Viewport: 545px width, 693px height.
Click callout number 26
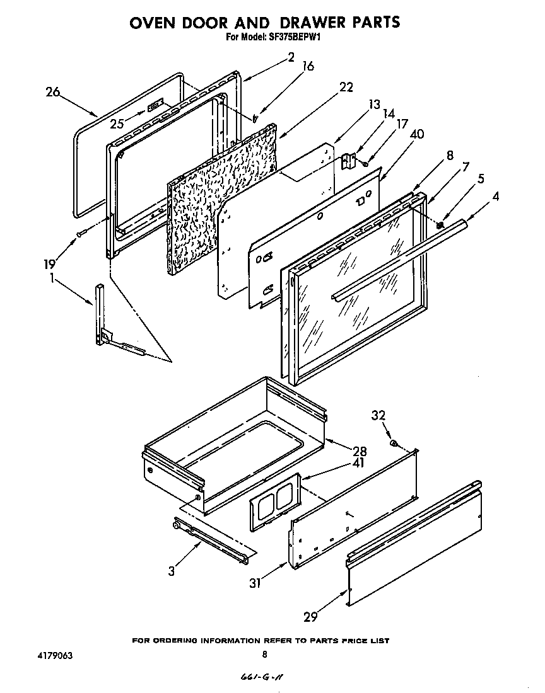[x=52, y=92]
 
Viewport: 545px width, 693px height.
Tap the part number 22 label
[x=346, y=88]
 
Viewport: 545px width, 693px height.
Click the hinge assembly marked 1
[x=101, y=315]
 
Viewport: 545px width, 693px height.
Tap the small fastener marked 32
[x=394, y=444]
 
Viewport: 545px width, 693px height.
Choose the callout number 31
[x=254, y=583]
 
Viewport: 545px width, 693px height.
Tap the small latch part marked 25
[x=155, y=106]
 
